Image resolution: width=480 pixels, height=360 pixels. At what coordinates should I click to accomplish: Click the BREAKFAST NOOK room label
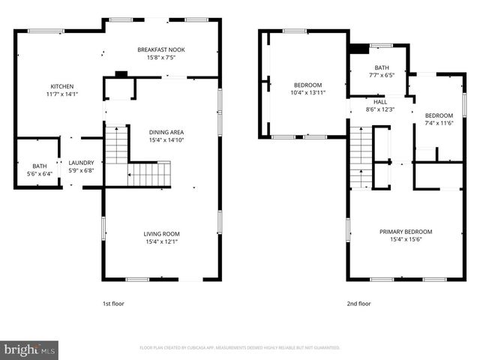161,49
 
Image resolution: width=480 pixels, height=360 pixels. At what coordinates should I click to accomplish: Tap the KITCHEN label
61,86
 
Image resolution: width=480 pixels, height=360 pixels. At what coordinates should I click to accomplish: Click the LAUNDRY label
81,162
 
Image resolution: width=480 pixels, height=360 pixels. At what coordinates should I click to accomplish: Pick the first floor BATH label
39,166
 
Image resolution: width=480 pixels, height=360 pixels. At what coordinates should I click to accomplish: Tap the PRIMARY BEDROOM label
406,232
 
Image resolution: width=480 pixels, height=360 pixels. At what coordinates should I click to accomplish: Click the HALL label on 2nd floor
380,101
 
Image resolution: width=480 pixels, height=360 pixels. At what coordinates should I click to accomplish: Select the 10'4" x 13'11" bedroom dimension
308,92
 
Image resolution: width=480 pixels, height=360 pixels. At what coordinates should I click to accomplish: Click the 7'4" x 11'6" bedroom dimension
439,123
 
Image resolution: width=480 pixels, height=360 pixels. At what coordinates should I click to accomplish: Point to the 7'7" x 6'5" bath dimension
382,75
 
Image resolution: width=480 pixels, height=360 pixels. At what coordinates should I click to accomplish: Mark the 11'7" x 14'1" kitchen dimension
61,94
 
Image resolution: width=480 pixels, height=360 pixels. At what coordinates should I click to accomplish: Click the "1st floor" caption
114,304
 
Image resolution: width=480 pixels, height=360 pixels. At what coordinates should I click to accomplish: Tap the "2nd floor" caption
358,304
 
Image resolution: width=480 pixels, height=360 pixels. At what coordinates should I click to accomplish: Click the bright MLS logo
30,349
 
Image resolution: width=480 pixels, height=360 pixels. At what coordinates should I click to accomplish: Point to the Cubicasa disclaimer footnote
240,348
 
